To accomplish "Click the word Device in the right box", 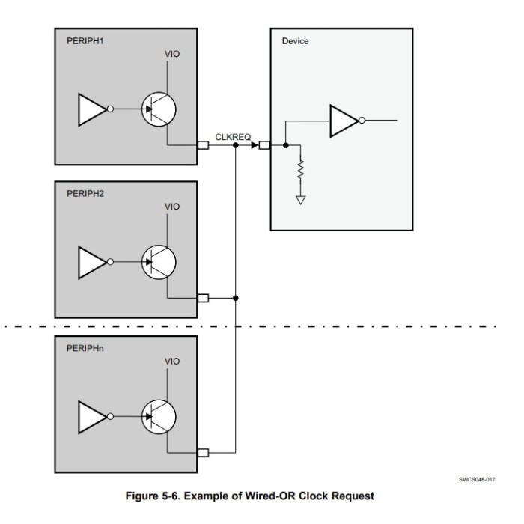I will (295, 41).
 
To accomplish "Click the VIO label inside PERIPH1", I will (171, 54).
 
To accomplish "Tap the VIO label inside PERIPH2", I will (171, 207).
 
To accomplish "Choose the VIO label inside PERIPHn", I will (171, 362).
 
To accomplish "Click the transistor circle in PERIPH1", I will (159, 109).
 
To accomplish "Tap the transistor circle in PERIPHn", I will (159, 416).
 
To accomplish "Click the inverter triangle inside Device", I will (344, 120).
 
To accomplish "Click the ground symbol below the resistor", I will (301, 200).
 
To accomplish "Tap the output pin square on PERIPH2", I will (202, 298).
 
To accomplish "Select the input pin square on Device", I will (263, 145).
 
